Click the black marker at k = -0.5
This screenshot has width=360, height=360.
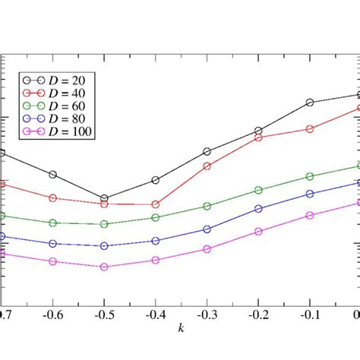[x=104, y=198]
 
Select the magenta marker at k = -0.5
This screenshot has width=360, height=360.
[x=104, y=267]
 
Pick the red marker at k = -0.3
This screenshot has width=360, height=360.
[x=207, y=165]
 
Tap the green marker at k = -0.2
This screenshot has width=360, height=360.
[x=258, y=190]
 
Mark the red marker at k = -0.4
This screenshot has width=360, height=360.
[x=156, y=204]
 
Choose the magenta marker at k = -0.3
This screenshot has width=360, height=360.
[x=207, y=248]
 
